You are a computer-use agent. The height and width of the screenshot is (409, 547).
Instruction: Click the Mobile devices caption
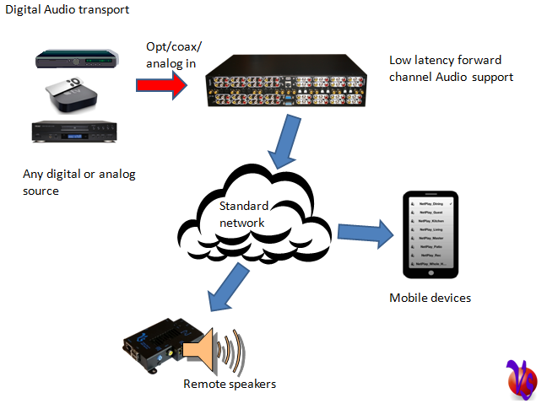coord(430,298)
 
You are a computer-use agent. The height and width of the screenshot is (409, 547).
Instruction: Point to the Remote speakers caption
coord(230,384)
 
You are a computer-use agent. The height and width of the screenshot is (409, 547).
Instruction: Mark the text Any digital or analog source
coord(79,182)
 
